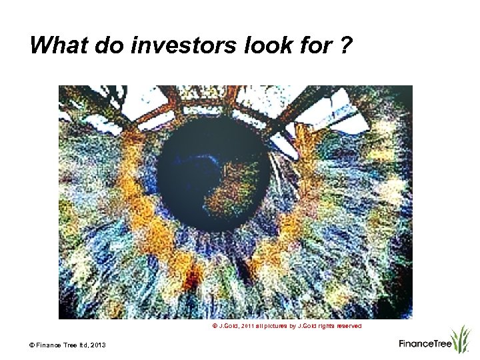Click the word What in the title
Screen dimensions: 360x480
point(56,45)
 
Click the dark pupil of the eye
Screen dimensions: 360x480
point(200,167)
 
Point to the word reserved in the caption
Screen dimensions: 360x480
point(347,327)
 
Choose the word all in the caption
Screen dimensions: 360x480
point(263,327)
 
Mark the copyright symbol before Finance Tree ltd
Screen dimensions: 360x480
point(31,344)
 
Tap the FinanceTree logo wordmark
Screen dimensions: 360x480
point(425,344)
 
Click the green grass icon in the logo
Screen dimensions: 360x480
point(460,339)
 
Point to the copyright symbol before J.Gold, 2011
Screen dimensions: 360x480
point(215,327)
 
